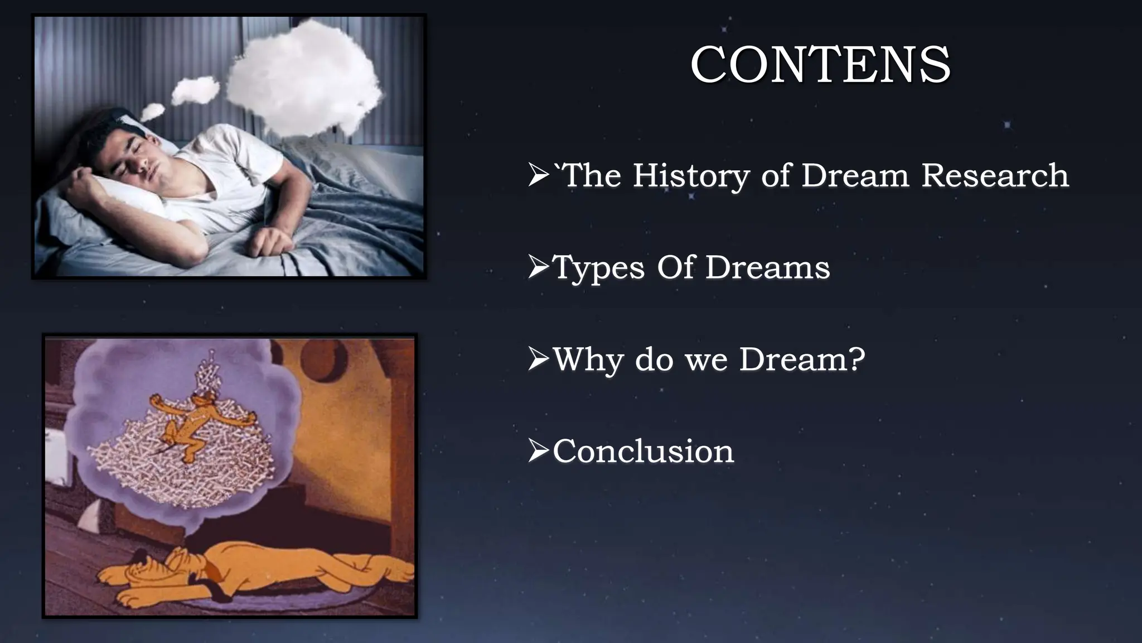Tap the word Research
995,176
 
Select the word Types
598,268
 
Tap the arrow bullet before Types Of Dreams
538,267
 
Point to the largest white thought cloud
304,78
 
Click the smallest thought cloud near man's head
152,112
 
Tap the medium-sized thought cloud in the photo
195,90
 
